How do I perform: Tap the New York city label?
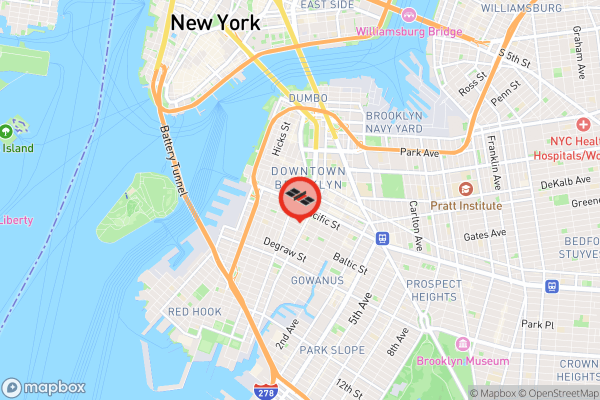coord(215,23)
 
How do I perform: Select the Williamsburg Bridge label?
coord(408,32)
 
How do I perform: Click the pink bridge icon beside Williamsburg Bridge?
coord(409,14)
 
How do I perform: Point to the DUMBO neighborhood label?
coord(308,98)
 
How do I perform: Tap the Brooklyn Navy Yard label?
coord(394,122)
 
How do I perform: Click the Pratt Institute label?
coord(466,206)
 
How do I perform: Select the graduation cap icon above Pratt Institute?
coord(466,189)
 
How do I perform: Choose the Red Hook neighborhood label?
coord(194,312)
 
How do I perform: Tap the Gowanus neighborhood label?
coord(317,280)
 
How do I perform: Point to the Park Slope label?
coord(332,350)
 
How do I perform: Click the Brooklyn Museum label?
coord(463,361)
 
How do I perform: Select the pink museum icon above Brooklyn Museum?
coord(463,344)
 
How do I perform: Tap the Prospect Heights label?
coord(434,290)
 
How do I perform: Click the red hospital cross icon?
coord(583,124)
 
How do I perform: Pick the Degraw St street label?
coord(284,250)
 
